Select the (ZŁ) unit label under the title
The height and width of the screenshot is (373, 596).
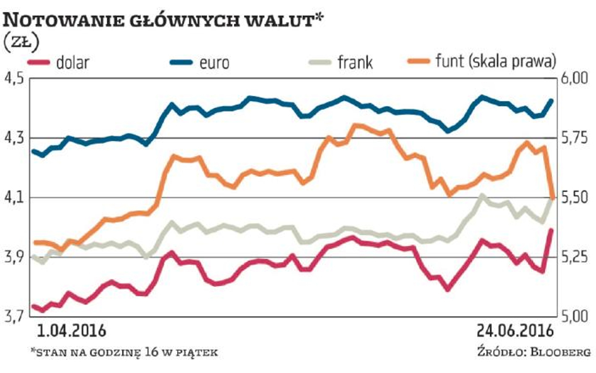tap(22, 43)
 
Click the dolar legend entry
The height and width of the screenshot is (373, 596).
tap(72, 62)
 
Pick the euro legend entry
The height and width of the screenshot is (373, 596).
tap(214, 62)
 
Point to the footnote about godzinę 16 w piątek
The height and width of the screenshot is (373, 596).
tap(123, 352)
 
